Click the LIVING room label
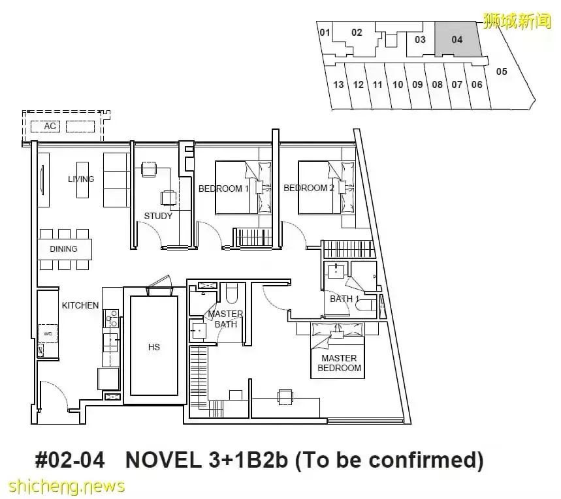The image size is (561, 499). click(x=81, y=179)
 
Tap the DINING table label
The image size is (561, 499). click(x=64, y=249)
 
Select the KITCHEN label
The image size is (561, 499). click(x=80, y=305)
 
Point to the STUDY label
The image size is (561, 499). click(x=158, y=216)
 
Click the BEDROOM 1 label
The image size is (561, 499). click(x=223, y=189)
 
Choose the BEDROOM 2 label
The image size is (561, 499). click(x=309, y=188)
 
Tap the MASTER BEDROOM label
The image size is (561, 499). click(x=339, y=363)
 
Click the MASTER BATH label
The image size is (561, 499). click(x=225, y=319)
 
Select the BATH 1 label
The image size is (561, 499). click(x=344, y=299)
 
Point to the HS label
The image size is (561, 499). click(x=154, y=347)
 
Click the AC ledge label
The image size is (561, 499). click(x=50, y=126)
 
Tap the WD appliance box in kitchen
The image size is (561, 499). click(x=48, y=333)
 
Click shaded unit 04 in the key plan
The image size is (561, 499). click(x=457, y=39)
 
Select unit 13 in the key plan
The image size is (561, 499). click(x=338, y=85)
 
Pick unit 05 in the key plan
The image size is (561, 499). click(x=502, y=72)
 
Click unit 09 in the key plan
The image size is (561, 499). click(x=417, y=85)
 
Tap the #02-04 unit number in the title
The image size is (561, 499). click(x=70, y=460)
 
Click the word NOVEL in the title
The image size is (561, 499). click(x=163, y=460)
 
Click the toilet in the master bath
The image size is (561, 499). click(x=234, y=293)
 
